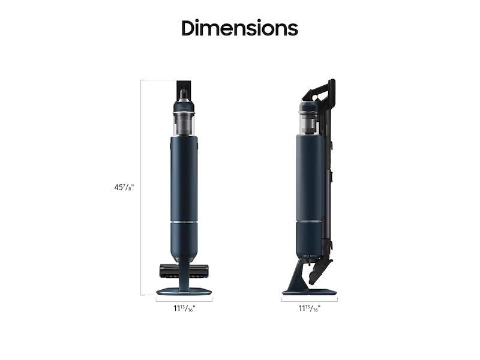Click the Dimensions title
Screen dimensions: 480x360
(239, 28)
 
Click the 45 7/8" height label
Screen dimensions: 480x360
(124, 187)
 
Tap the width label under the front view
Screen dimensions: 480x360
(184, 308)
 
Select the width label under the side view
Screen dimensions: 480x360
(310, 308)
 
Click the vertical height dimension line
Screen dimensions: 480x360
(141, 188)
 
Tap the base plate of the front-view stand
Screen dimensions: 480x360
(184, 292)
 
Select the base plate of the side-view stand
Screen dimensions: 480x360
(309, 292)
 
